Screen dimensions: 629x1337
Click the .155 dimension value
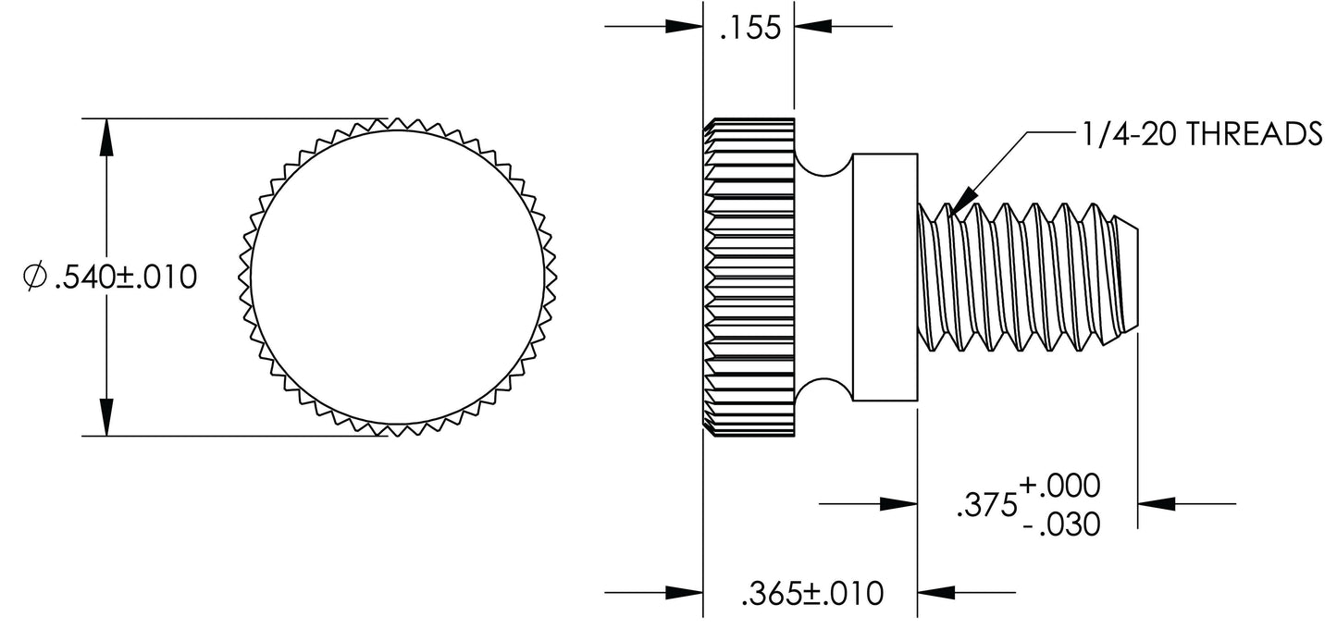coord(749,29)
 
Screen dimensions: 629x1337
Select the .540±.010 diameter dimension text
coord(126,277)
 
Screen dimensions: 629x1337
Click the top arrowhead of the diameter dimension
coord(107,136)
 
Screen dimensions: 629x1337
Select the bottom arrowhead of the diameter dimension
coord(107,417)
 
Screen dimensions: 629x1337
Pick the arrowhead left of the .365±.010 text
coord(683,592)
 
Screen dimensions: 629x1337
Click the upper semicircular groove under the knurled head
coord(824,165)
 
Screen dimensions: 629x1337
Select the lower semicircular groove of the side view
coord(824,390)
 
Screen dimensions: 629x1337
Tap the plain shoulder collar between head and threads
coord(885,277)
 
